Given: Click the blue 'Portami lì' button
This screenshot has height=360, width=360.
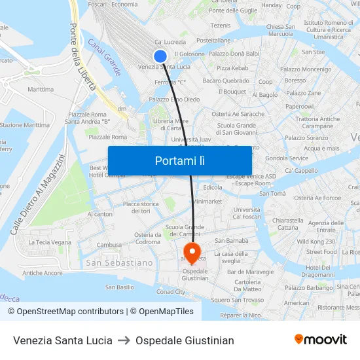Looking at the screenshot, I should click(179, 160).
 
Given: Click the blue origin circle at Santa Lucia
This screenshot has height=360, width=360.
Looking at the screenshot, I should click(160, 57).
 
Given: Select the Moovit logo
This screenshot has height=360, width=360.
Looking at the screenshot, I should click(320, 340).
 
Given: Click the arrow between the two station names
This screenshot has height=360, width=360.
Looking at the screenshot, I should click(124, 340).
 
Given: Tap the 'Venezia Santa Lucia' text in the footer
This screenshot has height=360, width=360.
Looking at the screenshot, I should click(63, 340).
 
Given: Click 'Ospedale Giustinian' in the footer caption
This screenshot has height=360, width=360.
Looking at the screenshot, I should click(185, 340).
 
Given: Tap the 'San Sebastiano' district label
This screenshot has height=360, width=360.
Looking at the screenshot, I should click(120, 262).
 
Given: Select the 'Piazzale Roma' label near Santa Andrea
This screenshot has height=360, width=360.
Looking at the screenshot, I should click(87, 114).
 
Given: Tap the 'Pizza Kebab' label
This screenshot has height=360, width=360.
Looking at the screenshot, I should click(232, 67).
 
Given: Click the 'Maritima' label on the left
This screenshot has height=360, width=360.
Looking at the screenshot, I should click(41, 89).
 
